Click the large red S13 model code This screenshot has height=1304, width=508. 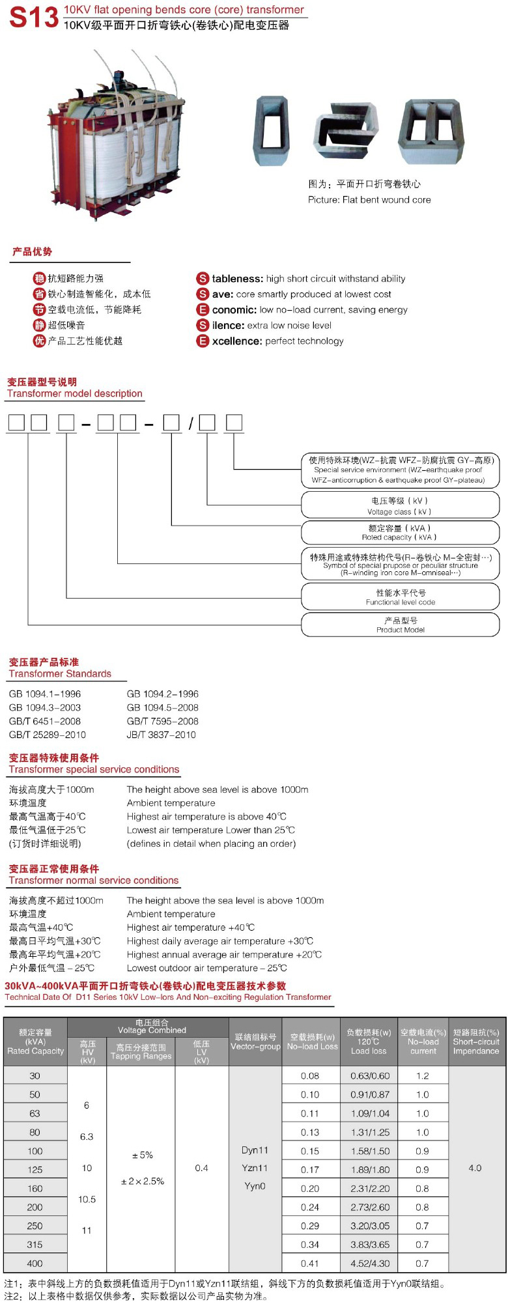coord(34,18)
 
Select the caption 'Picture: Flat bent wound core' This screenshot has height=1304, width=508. coord(369,200)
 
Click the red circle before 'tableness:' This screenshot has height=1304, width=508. coord(203,279)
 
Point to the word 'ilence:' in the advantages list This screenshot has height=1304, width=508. coord(228,326)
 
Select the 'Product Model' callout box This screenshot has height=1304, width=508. coord(400,625)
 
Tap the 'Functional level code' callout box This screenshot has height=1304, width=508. coord(400,597)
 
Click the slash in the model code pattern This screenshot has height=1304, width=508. coord(191,424)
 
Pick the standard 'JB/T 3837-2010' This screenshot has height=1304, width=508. coord(161,735)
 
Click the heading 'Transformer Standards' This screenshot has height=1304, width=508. coord(60,673)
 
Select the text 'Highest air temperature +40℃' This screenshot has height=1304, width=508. coord(190,928)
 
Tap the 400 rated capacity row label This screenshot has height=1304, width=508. coord(35,1263)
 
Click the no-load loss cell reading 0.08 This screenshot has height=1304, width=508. coord(310,1076)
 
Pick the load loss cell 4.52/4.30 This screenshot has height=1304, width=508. coord(370,1263)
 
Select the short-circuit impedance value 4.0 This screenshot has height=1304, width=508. coord(475,1168)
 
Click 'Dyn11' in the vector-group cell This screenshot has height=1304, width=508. coord(255,1150)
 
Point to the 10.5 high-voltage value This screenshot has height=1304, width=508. coord(87,1199)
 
